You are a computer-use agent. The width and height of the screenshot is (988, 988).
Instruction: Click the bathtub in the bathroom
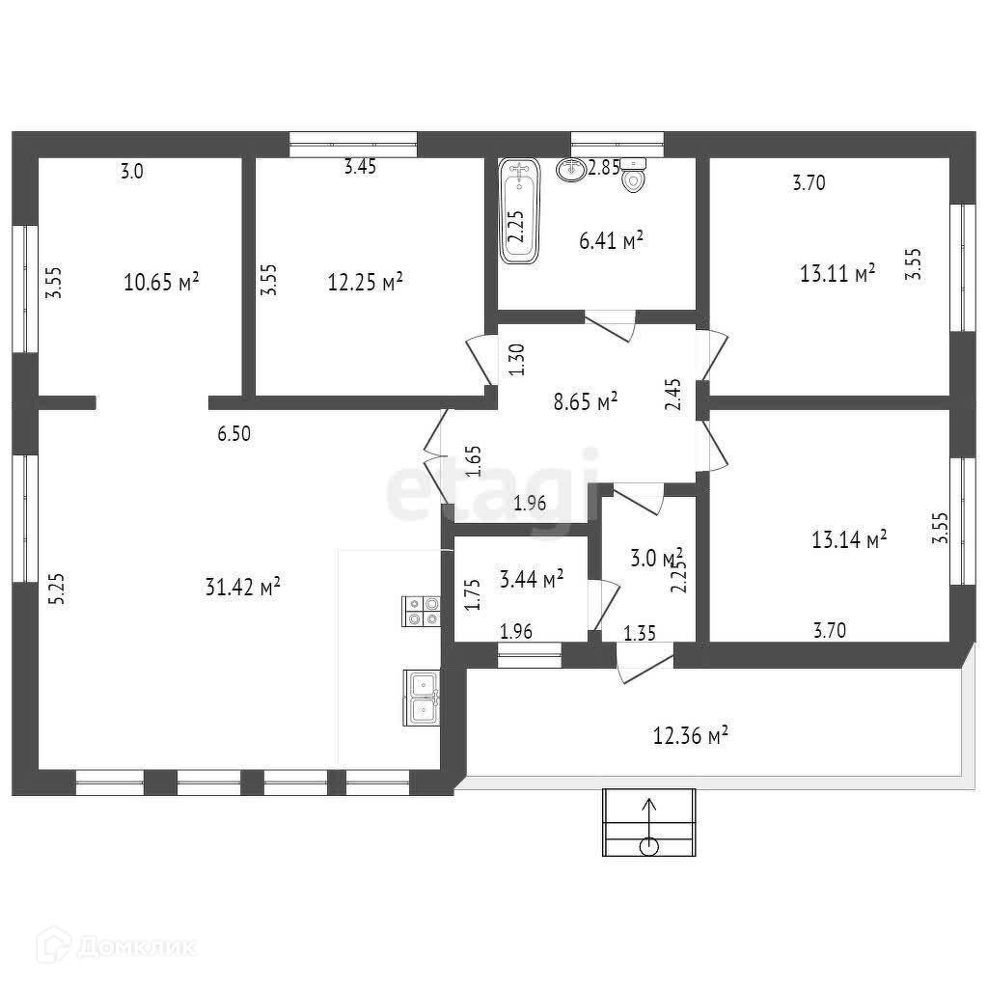pyautogui.click(x=520, y=211)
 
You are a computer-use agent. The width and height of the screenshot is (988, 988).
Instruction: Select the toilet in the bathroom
pyautogui.click(x=634, y=177)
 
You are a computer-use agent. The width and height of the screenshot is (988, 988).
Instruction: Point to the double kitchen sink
pyautogui.click(x=422, y=698)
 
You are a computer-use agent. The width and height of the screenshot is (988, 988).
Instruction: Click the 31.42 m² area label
pyautogui.click(x=243, y=586)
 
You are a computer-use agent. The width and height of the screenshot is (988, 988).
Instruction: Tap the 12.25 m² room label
pyautogui.click(x=365, y=282)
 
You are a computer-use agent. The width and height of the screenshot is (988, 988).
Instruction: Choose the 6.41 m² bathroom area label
pyautogui.click(x=611, y=240)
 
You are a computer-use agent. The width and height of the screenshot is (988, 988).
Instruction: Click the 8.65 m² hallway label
pyautogui.click(x=586, y=400)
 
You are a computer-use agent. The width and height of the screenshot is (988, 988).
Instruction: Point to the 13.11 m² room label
pyautogui.click(x=837, y=273)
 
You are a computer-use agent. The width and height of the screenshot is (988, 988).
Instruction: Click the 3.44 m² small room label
pyautogui.click(x=532, y=579)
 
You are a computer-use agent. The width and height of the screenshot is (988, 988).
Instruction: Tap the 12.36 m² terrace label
pyautogui.click(x=690, y=737)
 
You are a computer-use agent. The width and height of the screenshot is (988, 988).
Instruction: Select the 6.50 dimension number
pyautogui.click(x=233, y=434)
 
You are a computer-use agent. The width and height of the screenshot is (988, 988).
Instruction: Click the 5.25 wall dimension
pyautogui.click(x=56, y=588)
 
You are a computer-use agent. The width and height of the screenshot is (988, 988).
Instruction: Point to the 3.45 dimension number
pyautogui.click(x=360, y=167)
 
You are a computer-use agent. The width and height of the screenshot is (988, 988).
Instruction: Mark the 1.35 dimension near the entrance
pyautogui.click(x=641, y=633)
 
